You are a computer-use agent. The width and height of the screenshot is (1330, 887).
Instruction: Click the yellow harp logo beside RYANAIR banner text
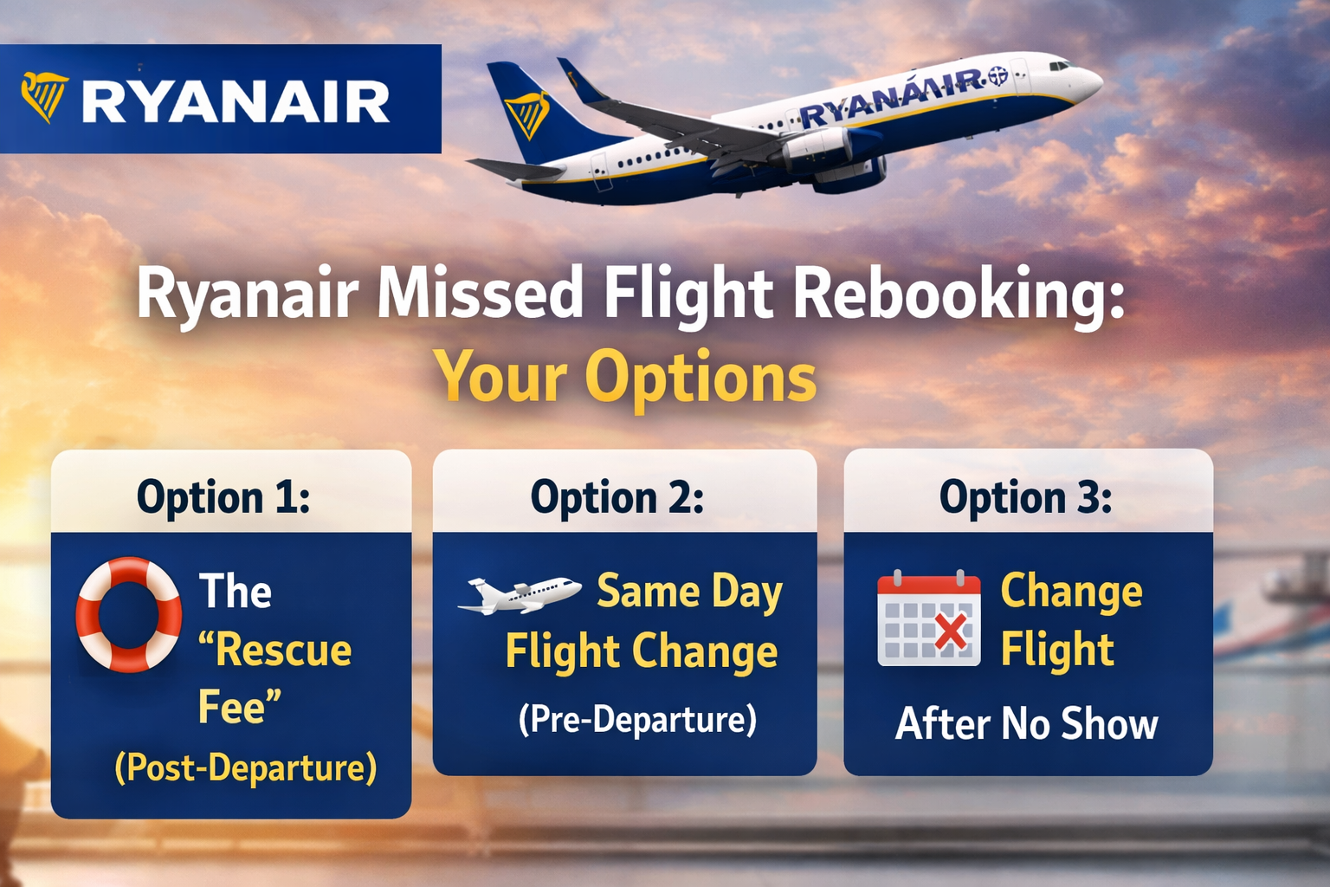point(44,97)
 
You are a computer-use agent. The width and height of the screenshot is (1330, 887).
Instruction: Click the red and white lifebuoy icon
point(129,614)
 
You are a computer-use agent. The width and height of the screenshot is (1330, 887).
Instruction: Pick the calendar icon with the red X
point(929,618)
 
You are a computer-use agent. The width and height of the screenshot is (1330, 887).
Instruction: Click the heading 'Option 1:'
point(223,496)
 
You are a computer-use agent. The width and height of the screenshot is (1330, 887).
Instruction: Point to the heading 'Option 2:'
point(617,496)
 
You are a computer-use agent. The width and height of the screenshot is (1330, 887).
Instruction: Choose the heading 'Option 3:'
point(1026,496)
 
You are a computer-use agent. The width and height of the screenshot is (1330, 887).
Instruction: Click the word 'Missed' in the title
point(479,293)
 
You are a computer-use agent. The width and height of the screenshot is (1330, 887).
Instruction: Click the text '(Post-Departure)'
point(245,767)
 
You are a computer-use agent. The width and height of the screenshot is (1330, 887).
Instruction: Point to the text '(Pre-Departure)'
point(637,719)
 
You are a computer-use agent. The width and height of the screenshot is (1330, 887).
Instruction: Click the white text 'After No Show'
point(1027,723)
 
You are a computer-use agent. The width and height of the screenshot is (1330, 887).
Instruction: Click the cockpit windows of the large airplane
point(1060,65)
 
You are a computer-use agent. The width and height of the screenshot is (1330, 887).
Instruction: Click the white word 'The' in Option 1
point(236,591)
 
